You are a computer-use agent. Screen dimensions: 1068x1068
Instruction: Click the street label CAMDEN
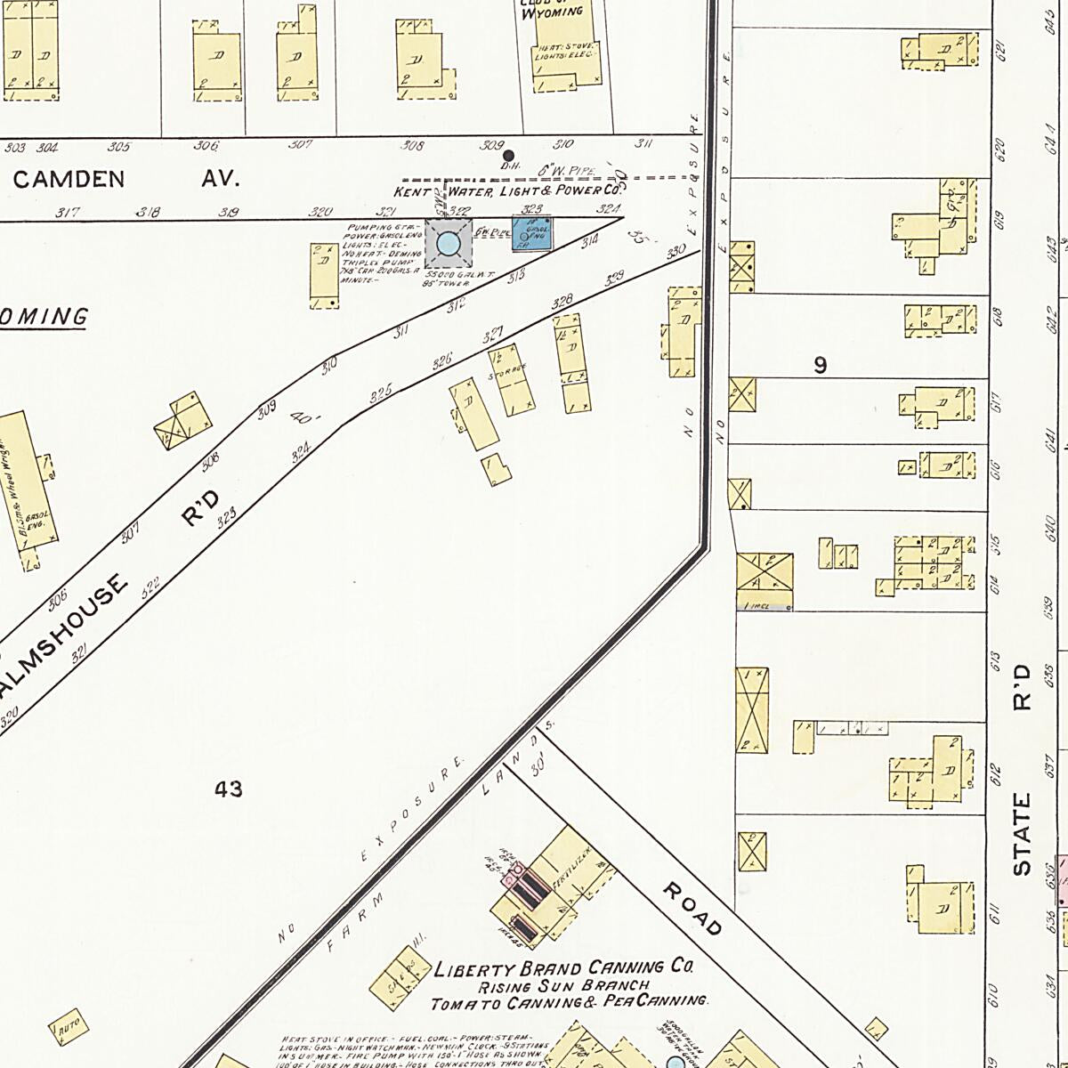tap(69, 179)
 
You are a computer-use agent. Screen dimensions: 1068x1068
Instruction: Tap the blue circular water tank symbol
tap(449, 242)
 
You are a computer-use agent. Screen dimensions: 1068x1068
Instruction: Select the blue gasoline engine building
tap(534, 233)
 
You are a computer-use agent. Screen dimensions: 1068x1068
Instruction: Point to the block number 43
tap(229, 789)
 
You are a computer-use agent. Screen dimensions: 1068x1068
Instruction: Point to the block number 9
tap(820, 364)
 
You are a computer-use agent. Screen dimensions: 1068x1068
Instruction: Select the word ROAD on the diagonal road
tap(692, 909)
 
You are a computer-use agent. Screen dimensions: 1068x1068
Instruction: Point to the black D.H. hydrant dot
tap(510, 155)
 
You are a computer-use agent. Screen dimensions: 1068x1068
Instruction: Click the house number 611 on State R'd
tap(994, 912)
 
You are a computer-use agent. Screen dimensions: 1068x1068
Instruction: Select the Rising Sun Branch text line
tap(564, 986)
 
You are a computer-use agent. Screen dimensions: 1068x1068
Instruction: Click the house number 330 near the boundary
tap(676, 251)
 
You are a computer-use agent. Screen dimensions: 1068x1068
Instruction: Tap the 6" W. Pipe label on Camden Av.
tap(559, 169)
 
